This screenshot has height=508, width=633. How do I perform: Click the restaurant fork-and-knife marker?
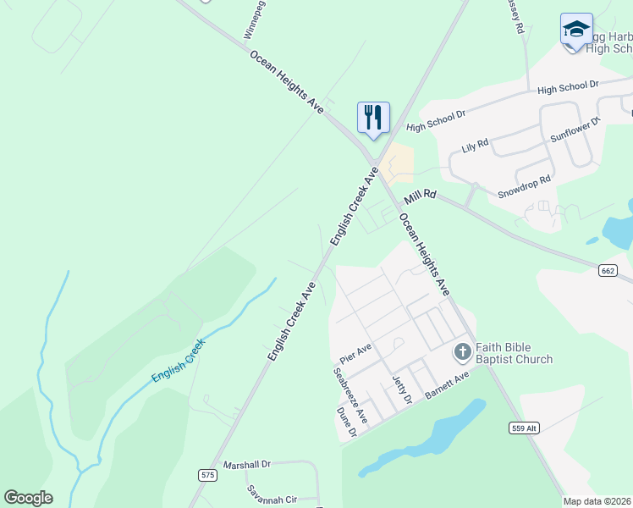tap(373, 117)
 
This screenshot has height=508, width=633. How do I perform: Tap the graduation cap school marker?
tap(576, 30)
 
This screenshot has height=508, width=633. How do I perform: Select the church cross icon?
tap(462, 351)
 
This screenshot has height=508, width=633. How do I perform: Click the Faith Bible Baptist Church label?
tap(514, 353)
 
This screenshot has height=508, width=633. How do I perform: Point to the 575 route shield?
tap(207, 475)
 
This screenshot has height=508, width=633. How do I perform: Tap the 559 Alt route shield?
tap(525, 428)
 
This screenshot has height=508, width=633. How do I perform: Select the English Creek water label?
tap(178, 362)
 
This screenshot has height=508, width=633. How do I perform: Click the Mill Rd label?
tap(420, 196)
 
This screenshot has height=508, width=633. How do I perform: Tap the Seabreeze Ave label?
tap(350, 395)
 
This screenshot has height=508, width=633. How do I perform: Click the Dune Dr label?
tap(347, 421)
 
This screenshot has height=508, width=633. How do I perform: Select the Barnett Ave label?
tap(447, 385)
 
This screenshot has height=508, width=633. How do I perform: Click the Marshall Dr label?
tap(245, 465)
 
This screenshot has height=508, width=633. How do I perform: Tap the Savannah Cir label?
tap(271, 494)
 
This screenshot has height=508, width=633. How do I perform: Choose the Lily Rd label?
tap(475, 146)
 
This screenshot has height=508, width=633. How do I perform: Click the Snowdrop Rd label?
tap(524, 179)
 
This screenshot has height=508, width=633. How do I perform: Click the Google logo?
tap(29, 498)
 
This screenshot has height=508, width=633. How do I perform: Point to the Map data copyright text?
tap(597, 501)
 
